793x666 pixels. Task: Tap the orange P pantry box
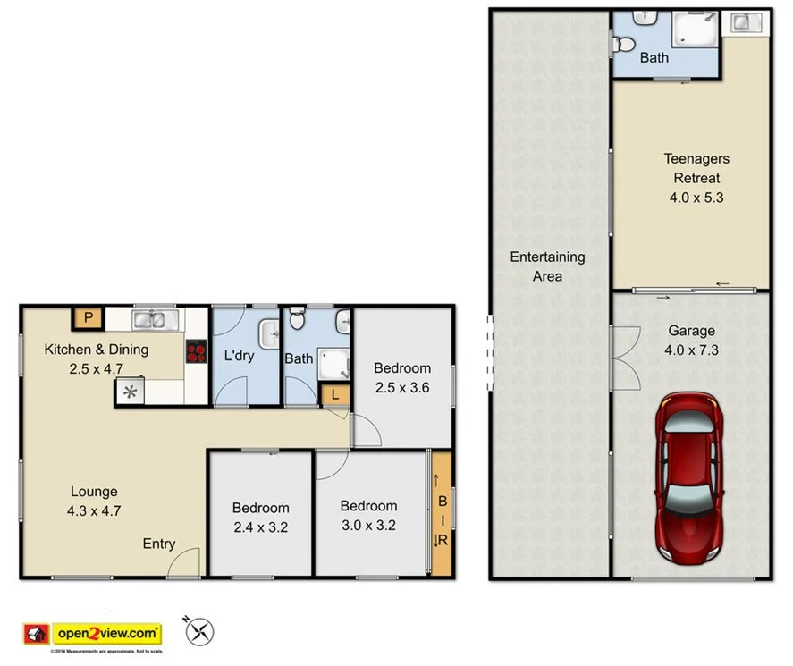pyautogui.click(x=88, y=317)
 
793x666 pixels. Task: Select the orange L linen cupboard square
pyautogui.click(x=335, y=394)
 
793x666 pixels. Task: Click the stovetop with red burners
pyautogui.click(x=197, y=352)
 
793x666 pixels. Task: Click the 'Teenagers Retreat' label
pyautogui.click(x=696, y=168)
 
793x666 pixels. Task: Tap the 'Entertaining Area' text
pyautogui.click(x=547, y=266)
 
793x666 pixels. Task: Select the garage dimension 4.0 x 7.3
pyautogui.click(x=691, y=350)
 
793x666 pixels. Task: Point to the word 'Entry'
pyautogui.click(x=158, y=544)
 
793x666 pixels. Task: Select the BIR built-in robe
pyautogui.click(x=441, y=515)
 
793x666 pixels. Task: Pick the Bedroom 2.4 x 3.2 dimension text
pyautogui.click(x=259, y=527)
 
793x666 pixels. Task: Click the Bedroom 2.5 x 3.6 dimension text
pyautogui.click(x=401, y=387)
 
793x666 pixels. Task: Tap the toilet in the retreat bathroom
pyautogui.click(x=624, y=42)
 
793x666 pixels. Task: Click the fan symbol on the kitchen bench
pyautogui.click(x=131, y=392)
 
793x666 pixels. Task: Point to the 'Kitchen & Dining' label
pyautogui.click(x=96, y=349)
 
